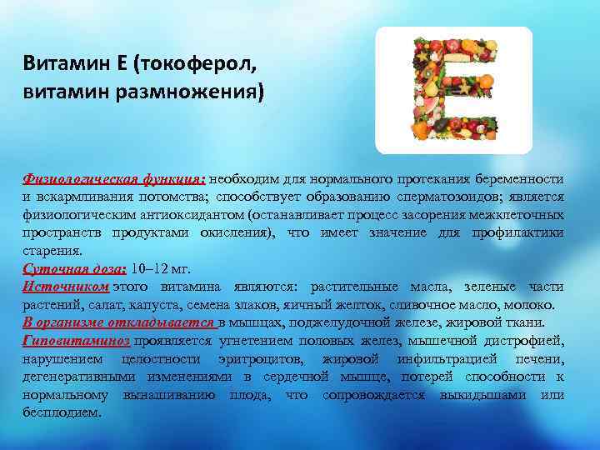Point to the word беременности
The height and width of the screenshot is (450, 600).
(x=521, y=178)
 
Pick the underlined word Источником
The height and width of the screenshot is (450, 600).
(x=66, y=287)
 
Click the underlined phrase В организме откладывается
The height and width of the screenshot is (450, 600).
(x=119, y=322)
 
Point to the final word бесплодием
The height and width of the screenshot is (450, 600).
(x=62, y=412)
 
